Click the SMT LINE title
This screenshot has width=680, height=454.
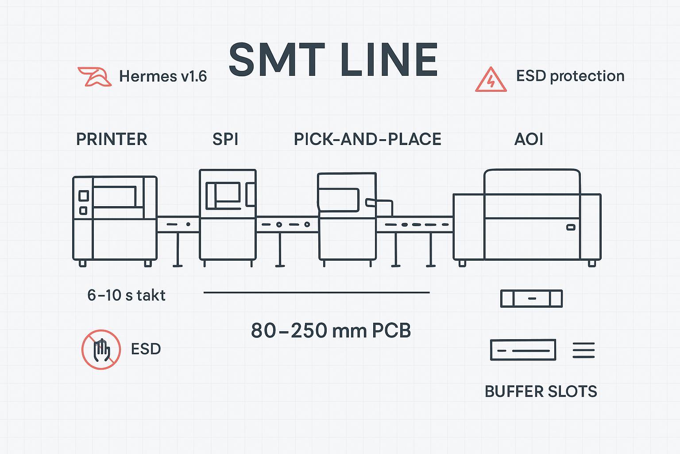click(333, 60)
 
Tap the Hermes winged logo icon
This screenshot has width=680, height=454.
click(94, 76)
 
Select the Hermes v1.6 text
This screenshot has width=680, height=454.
click(163, 76)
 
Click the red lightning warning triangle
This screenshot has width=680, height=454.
click(491, 80)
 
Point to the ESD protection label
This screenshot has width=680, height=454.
click(570, 76)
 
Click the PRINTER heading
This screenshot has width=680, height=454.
click(112, 139)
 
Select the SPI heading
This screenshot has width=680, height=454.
click(225, 139)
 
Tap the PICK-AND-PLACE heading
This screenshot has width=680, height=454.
click(367, 139)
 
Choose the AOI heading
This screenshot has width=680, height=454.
click(529, 139)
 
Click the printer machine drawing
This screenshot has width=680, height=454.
click(115, 219)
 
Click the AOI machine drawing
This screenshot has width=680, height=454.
click(527, 217)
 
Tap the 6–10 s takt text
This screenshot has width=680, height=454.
click(126, 295)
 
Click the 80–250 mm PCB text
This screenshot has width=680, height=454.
click(331, 330)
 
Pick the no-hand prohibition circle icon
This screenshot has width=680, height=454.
click(101, 349)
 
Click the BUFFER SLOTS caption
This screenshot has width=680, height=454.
click(541, 391)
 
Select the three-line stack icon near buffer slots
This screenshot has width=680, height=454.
click(583, 350)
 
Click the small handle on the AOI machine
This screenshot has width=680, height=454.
click(571, 227)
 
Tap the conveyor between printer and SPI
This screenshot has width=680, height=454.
click(178, 224)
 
